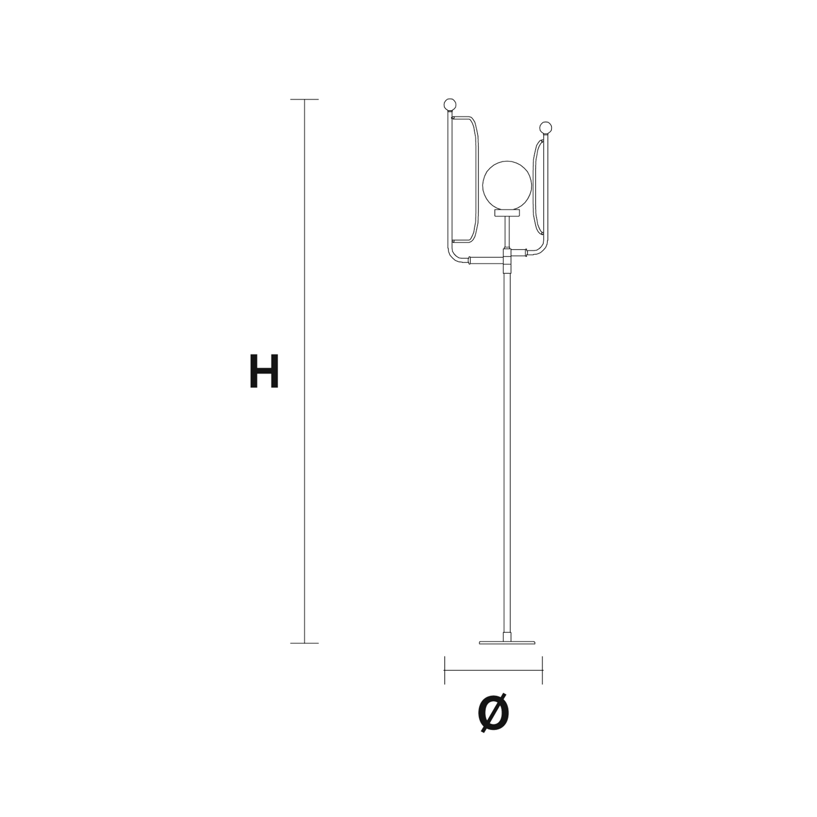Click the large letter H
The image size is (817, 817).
(264, 371)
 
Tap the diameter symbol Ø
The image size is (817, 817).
(494, 712)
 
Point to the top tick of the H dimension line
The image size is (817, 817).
(304, 99)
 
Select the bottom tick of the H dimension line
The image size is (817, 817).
(304, 643)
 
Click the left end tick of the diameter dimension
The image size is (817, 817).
(445, 670)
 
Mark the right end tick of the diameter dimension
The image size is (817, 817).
(542, 670)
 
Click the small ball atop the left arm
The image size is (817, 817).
(449, 105)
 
